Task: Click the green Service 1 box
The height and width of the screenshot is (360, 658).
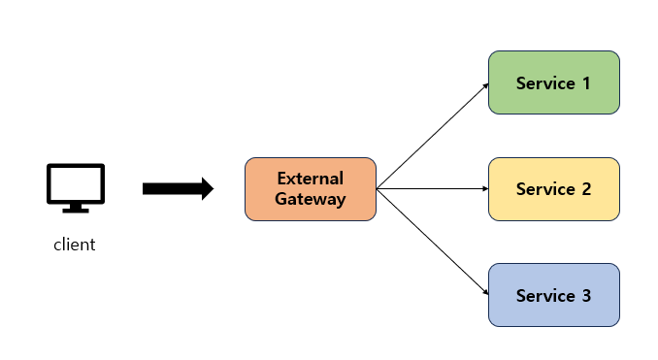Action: (x=554, y=82)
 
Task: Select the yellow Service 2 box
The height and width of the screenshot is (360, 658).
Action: (x=554, y=189)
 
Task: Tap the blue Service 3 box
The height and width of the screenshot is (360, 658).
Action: (x=554, y=295)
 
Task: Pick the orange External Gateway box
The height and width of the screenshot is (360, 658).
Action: (x=311, y=189)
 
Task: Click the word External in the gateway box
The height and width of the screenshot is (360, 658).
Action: (x=311, y=179)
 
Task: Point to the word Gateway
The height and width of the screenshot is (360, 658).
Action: (x=311, y=199)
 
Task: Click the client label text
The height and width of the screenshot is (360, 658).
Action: (x=75, y=245)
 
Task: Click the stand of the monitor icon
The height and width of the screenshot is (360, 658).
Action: (x=76, y=208)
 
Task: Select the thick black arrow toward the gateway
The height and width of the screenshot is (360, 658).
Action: (x=179, y=189)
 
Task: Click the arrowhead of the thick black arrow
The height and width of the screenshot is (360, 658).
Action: (x=208, y=189)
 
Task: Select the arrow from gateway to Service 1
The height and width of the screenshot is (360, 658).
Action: (x=433, y=137)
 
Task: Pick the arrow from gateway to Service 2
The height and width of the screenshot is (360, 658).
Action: (x=433, y=189)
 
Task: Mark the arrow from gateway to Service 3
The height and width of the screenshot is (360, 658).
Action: (x=433, y=242)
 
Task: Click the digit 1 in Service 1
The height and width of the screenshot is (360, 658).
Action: (x=586, y=83)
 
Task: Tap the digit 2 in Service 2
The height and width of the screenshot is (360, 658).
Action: (x=586, y=189)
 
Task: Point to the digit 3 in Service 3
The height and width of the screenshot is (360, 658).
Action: (x=586, y=296)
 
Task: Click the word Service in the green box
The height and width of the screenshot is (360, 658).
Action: (x=545, y=83)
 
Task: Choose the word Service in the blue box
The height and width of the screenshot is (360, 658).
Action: (x=545, y=296)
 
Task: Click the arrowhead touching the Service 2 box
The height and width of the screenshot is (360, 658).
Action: (x=486, y=189)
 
